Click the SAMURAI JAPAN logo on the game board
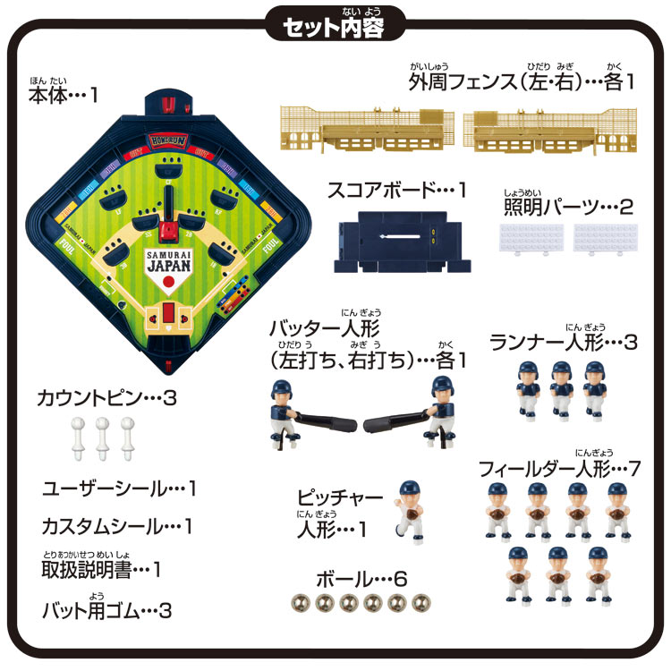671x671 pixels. point(167,259)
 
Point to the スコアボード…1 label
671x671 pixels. point(397,190)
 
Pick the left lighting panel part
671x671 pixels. point(531,239)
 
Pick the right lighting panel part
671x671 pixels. point(606,239)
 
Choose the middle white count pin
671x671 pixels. point(102,435)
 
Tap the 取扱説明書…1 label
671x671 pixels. point(101,569)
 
